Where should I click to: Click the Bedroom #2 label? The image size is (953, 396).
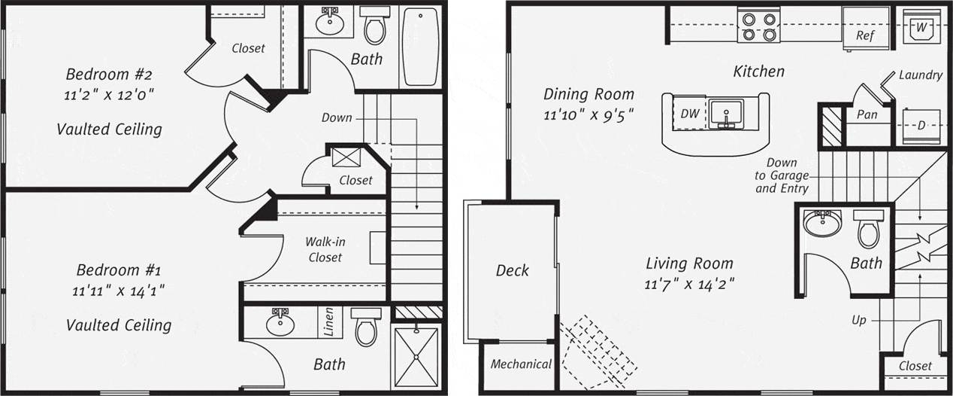(109, 75)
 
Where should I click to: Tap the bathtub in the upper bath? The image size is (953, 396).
(419, 47)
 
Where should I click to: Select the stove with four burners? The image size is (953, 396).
(758, 25)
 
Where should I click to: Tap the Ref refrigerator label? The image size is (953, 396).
(864, 35)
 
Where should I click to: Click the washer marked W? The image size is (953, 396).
(921, 27)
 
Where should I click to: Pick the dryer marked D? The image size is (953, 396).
(921, 126)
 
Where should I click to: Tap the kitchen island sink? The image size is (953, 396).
(726, 114)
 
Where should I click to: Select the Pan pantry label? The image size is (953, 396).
(867, 114)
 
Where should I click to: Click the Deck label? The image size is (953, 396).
(513, 270)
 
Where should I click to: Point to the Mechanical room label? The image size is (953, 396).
(521, 364)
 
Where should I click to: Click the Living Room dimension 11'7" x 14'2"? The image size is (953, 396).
(688, 285)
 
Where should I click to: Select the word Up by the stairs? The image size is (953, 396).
(859, 320)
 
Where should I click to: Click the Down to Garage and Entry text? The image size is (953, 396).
(782, 175)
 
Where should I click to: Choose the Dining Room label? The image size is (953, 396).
(588, 94)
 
